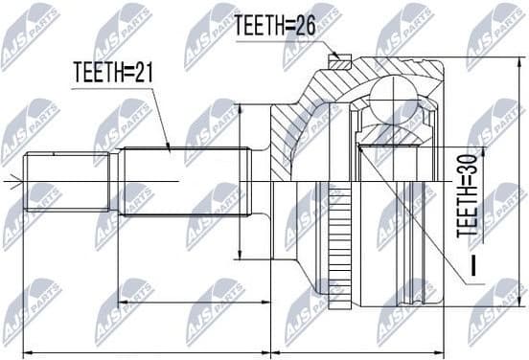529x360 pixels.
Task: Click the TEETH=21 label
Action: (113, 71)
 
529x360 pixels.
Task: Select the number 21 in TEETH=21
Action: (143, 71)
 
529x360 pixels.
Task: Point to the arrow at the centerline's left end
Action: (7, 180)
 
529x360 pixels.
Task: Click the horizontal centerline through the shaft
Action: (144, 180)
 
